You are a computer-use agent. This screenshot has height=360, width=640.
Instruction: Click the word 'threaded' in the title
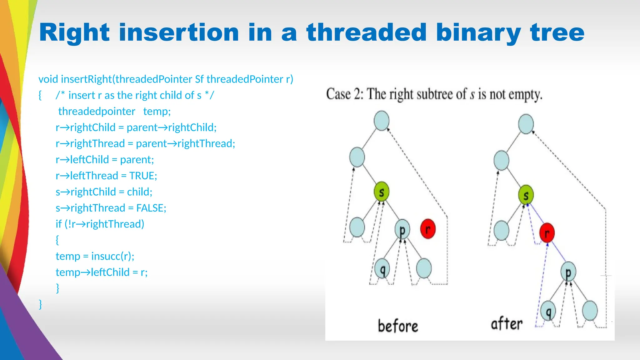point(366,32)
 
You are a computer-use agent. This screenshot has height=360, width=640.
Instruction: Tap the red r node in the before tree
point(428,229)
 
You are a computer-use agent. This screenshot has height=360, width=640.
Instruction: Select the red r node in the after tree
point(547,233)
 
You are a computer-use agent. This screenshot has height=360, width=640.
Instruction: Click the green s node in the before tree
point(381,192)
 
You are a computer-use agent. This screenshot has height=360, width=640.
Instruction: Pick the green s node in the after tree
point(526,195)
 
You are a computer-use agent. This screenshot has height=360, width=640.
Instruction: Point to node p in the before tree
point(402,230)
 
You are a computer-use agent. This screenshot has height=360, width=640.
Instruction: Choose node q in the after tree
point(548,311)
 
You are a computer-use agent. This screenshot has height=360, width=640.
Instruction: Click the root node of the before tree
point(381,121)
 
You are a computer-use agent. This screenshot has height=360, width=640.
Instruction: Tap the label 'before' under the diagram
point(398,326)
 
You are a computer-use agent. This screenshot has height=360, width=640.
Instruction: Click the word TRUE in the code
point(143,176)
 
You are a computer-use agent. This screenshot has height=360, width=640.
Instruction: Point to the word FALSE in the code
point(151,208)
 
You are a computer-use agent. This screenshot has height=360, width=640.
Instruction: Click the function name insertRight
point(86,79)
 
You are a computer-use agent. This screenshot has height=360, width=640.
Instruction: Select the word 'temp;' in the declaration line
point(157,111)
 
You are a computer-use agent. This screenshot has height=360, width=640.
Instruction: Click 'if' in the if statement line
point(59,224)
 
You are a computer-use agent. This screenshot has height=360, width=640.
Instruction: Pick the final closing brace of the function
point(40,304)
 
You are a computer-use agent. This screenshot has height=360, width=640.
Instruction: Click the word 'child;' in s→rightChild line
point(139,192)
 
